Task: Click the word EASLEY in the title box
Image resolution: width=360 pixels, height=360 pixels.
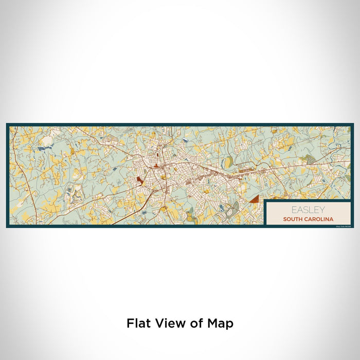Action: (x=308, y=210)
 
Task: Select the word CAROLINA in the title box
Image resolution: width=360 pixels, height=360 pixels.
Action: (x=320, y=219)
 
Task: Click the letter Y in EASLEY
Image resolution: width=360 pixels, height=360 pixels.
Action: (x=322, y=210)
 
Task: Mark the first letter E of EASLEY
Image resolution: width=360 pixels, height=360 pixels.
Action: (x=294, y=210)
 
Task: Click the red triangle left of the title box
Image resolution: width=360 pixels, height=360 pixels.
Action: (x=254, y=199)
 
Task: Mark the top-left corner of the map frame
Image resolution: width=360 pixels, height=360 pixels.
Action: (x=7, y=124)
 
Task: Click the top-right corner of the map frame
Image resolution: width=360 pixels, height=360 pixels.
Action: (x=353, y=124)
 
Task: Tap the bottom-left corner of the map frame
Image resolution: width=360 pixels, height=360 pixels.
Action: (x=7, y=227)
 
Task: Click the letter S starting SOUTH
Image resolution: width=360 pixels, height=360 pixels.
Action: (x=284, y=219)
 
